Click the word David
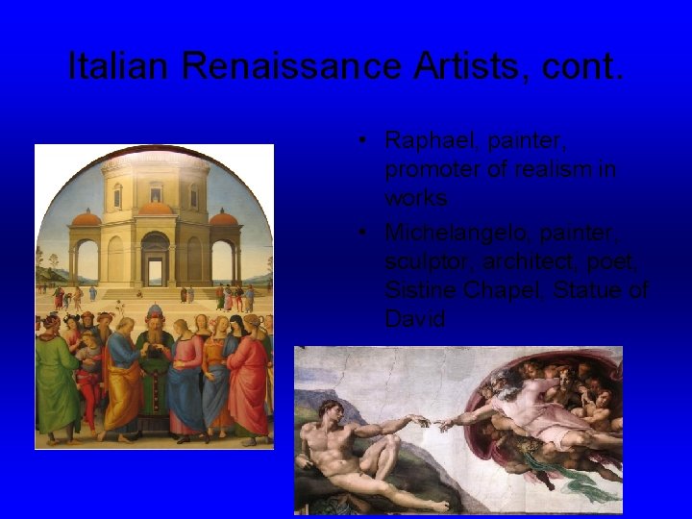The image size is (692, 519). (415, 318)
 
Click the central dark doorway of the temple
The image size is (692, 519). (155, 260)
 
